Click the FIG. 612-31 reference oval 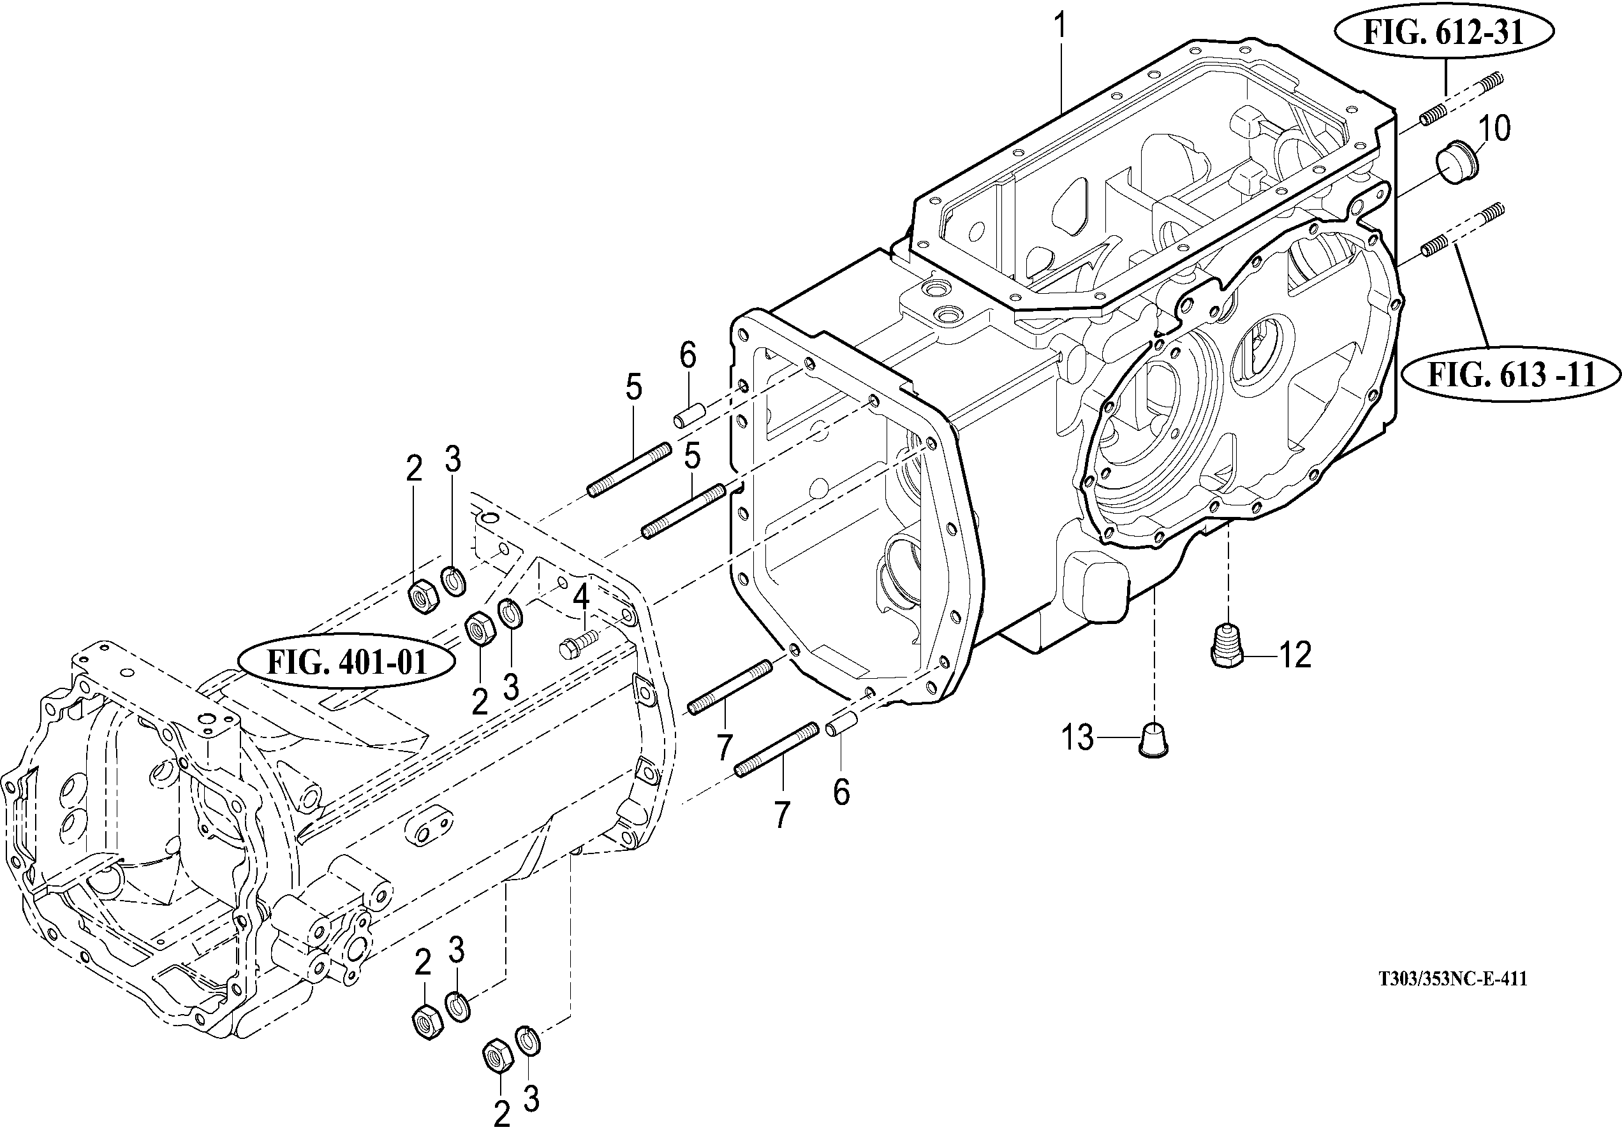coord(1444,33)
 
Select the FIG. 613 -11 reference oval coord(1512,375)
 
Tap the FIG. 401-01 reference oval coord(347,663)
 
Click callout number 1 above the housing coord(1059,26)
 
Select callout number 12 coord(1295,655)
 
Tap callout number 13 coord(1078,738)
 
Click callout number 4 coord(580,597)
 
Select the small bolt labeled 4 coord(577,643)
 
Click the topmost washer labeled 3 coord(453,581)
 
